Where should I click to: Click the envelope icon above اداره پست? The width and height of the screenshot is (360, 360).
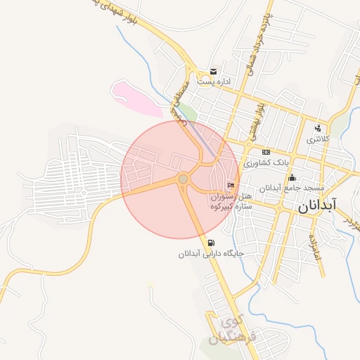click(212, 72)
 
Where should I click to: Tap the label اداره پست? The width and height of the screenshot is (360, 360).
click(214, 82)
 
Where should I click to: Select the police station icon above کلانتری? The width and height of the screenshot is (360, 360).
click(318, 128)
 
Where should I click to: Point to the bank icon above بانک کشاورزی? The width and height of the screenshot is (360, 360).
click(266, 152)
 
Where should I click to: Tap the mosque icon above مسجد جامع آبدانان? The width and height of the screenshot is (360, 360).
click(292, 177)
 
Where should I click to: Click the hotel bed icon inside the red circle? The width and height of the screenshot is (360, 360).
click(231, 185)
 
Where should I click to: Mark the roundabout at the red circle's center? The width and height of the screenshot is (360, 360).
click(183, 179)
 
